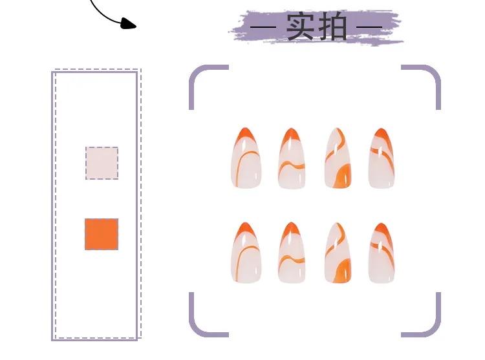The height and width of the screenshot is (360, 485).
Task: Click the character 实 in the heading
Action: click(x=300, y=26)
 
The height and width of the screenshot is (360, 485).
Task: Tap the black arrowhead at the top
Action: click(x=129, y=24)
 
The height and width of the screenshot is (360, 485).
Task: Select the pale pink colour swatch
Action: click(x=102, y=163)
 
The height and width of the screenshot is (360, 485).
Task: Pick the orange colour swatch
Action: click(x=102, y=234)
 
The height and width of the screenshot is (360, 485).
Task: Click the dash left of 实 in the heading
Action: click(x=264, y=27)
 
